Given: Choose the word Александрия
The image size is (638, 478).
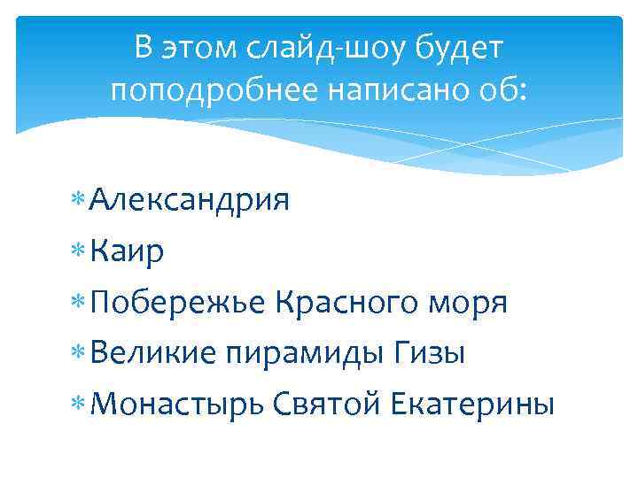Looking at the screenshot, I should click(x=190, y=201).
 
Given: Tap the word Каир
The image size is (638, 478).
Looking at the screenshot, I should click(x=126, y=252).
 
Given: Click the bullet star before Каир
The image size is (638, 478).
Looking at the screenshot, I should click(x=81, y=253).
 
